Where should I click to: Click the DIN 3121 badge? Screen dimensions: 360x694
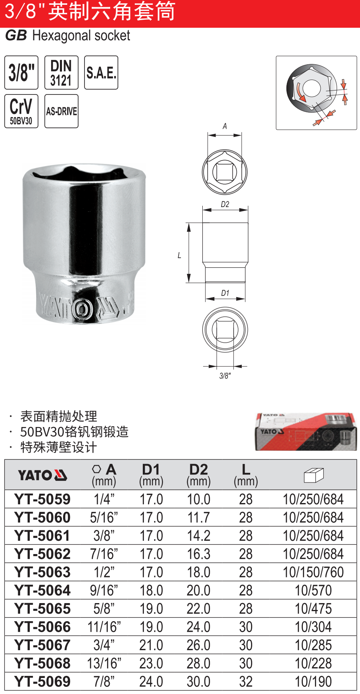pos(61,72)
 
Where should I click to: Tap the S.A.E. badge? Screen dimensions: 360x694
pos(101,72)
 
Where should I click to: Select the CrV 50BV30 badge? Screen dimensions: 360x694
pos(21,111)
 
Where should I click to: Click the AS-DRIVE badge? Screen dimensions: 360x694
pos(61,111)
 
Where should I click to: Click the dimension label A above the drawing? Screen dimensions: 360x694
pos(225,126)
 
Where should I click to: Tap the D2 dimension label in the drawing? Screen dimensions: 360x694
pos(225,204)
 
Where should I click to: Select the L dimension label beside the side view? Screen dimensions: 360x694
pos(179,255)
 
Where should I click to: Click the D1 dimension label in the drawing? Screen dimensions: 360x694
pos(225,293)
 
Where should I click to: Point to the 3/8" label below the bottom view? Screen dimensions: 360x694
pos(225,376)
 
